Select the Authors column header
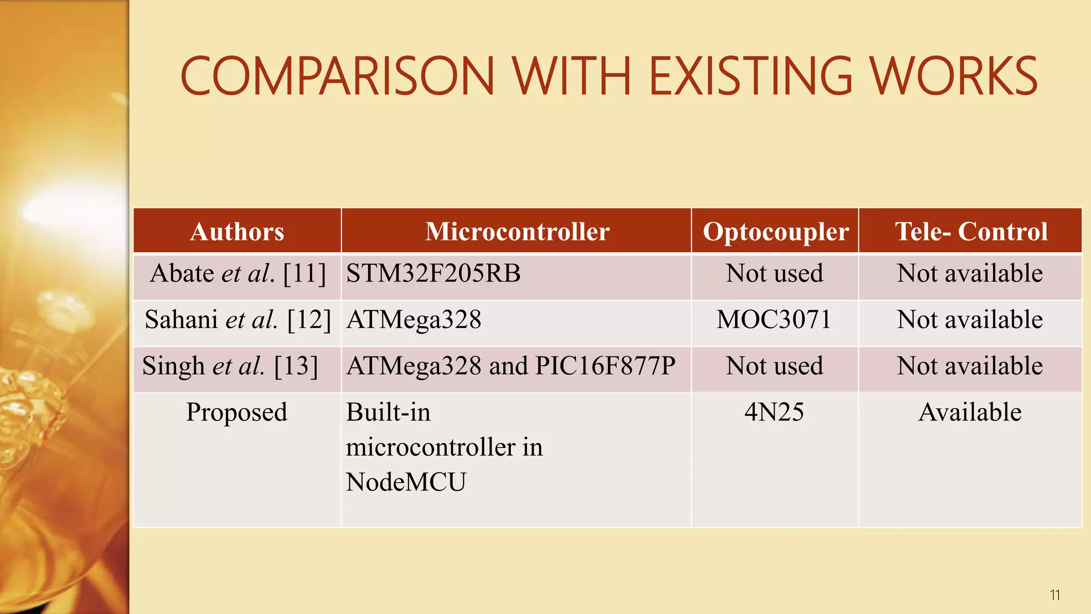tap(237, 231)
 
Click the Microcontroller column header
tap(517, 231)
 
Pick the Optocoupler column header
tap(776, 231)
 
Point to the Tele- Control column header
tap(971, 231)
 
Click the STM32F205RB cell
tap(433, 273)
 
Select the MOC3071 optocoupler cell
tap(774, 320)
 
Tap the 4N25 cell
tap(774, 412)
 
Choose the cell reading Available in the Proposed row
tap(970, 412)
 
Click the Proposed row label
tap(237, 413)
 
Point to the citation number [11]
tap(304, 274)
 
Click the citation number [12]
tap(309, 320)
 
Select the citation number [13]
tap(296, 367)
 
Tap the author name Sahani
tap(181, 320)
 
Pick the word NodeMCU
tap(406, 482)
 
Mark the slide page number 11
tap(1055, 595)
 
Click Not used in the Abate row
tap(775, 273)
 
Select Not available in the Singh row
tap(970, 366)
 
